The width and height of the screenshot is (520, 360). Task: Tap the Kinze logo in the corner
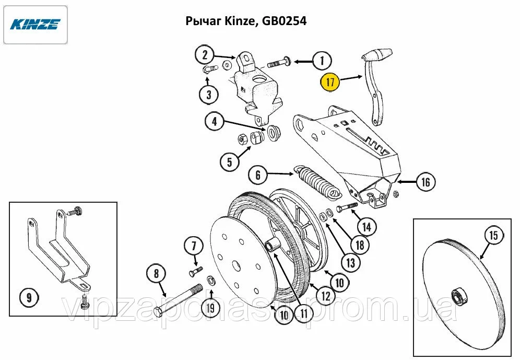click(x=36, y=25)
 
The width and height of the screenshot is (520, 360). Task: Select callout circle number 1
click(x=322, y=61)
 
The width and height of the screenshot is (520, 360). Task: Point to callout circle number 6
click(x=258, y=175)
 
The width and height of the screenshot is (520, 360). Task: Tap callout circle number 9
click(x=29, y=298)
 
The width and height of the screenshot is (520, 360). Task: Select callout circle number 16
click(x=426, y=182)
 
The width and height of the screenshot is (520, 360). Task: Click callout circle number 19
click(x=210, y=308)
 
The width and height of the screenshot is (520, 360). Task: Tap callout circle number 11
click(x=303, y=313)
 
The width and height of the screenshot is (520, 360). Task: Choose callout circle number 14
click(x=367, y=227)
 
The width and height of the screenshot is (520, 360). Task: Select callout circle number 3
click(x=208, y=95)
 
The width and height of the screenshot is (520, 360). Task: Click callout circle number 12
click(x=324, y=296)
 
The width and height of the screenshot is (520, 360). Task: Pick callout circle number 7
click(x=193, y=246)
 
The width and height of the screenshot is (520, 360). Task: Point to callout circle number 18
click(x=360, y=244)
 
